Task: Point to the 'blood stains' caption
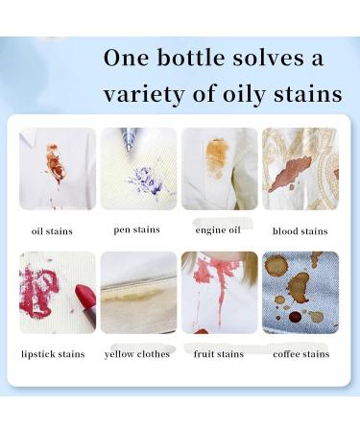(300, 231)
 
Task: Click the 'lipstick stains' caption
(53, 354)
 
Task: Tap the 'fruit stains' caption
(219, 354)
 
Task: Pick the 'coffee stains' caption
(300, 354)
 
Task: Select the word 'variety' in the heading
(144, 94)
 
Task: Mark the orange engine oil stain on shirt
(217, 157)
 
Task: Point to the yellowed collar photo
(138, 292)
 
